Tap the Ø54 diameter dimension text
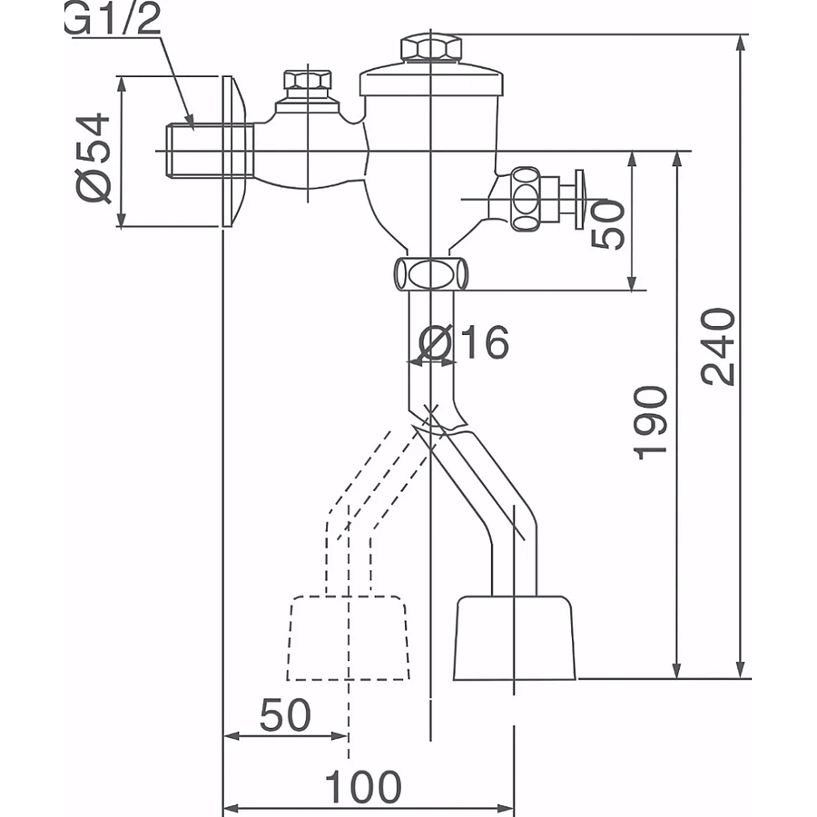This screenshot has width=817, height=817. click(94, 157)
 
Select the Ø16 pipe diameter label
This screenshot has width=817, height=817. click(466, 343)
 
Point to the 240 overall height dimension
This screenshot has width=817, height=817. click(720, 347)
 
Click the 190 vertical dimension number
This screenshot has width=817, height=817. click(652, 422)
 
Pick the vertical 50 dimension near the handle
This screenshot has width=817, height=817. click(608, 223)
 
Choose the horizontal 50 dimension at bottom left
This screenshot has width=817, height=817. click(285, 716)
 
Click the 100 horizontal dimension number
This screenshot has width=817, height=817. click(363, 787)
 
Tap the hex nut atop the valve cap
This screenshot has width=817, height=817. click(431, 47)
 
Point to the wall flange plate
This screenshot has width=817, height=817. click(234, 151)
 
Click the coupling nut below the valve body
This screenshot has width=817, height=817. click(431, 273)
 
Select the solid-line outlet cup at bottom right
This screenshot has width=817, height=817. click(515, 637)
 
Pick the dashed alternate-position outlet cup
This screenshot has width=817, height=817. click(348, 637)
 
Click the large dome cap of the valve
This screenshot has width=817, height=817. click(431, 80)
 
